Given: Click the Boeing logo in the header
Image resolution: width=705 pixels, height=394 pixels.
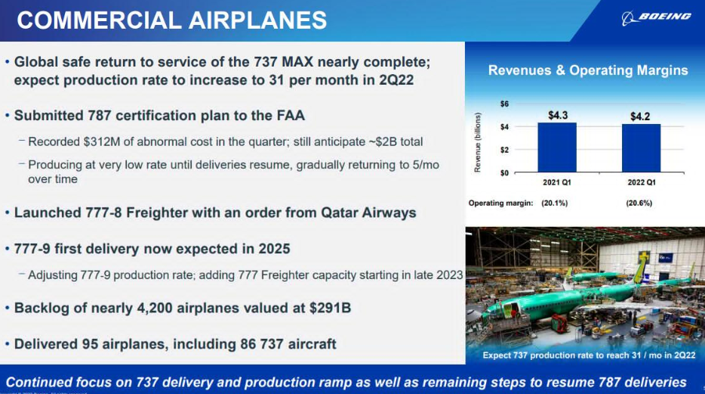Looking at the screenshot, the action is pyautogui.click(x=656, y=17).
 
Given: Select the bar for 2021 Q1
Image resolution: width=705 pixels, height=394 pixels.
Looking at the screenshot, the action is pyautogui.click(x=557, y=147).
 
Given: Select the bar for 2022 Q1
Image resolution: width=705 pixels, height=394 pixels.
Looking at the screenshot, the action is pyautogui.click(x=641, y=148).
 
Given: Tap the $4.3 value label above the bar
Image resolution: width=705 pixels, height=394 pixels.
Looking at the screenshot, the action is pyautogui.click(x=558, y=115).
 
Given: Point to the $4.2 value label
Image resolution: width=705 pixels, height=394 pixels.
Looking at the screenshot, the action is pyautogui.click(x=640, y=116).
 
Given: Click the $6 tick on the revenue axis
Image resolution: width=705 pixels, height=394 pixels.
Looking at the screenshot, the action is pyautogui.click(x=504, y=104).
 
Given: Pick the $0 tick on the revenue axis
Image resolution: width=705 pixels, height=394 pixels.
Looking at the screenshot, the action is pyautogui.click(x=504, y=172).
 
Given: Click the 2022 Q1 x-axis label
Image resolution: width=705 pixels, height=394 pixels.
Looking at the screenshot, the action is pyautogui.click(x=642, y=182).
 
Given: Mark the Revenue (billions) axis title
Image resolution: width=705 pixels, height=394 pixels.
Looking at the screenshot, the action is pyautogui.click(x=478, y=142).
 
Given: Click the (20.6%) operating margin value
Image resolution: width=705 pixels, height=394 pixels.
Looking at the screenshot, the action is pyautogui.click(x=639, y=203).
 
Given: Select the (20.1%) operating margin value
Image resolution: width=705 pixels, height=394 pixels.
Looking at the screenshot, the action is pyautogui.click(x=554, y=203).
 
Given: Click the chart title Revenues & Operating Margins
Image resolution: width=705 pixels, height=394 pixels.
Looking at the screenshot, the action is pyautogui.click(x=588, y=70).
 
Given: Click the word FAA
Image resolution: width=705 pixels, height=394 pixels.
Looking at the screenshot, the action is pyautogui.click(x=291, y=115).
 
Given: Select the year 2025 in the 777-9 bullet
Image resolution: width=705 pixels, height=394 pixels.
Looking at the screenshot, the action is pyautogui.click(x=274, y=249).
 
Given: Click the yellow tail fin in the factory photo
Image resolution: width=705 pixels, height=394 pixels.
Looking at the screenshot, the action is pyautogui.click(x=641, y=268).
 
